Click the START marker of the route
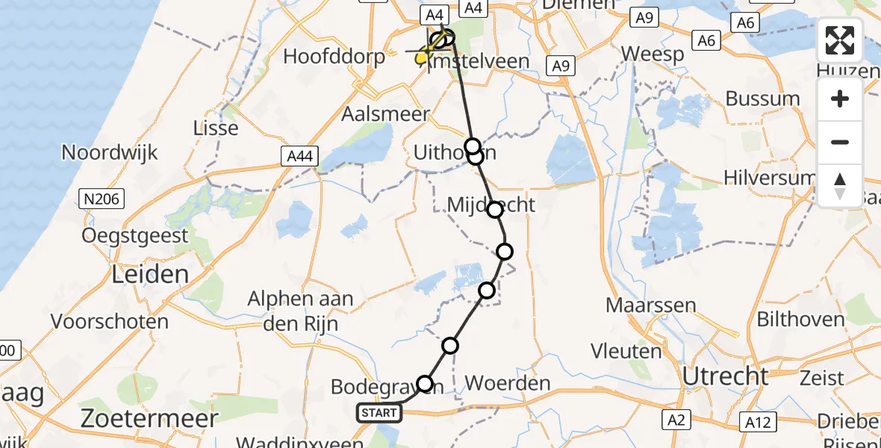tap(379, 413)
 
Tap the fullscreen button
tap(840, 40)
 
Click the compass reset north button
tap(840, 186)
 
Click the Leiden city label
tap(150, 275)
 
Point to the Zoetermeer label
tap(149, 417)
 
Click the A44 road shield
tap(301, 157)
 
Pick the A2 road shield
tap(676, 420)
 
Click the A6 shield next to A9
tap(706, 40)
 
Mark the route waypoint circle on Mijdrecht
tap(495, 210)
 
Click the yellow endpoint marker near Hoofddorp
tap(422, 57)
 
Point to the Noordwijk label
tap(109, 153)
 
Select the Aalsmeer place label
tap(385, 114)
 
